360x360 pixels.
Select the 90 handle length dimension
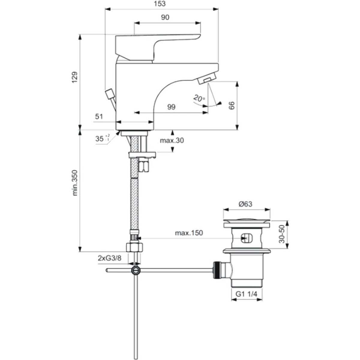(x=165, y=17)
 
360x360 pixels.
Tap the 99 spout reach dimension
(x=171, y=107)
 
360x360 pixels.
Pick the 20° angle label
(x=199, y=98)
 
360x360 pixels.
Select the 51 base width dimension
(x=99, y=116)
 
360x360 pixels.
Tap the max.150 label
(x=189, y=232)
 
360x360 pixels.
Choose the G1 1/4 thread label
(x=246, y=294)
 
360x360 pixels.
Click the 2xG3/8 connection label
(x=109, y=258)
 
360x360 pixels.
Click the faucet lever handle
(x=156, y=45)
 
